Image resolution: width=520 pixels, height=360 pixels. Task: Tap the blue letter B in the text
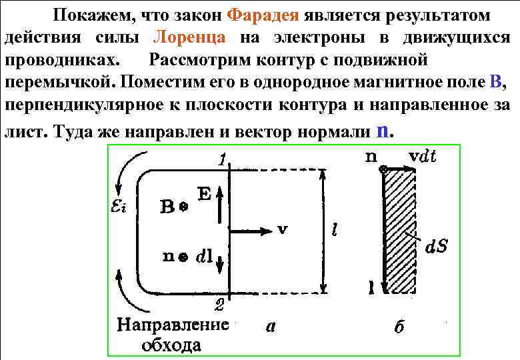(494, 83)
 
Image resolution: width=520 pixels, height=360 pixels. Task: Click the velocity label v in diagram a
(282, 229)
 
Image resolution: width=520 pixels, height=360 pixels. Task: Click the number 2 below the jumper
(220, 307)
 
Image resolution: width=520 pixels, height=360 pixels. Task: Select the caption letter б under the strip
(399, 326)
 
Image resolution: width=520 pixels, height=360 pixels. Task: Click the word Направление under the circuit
(173, 325)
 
